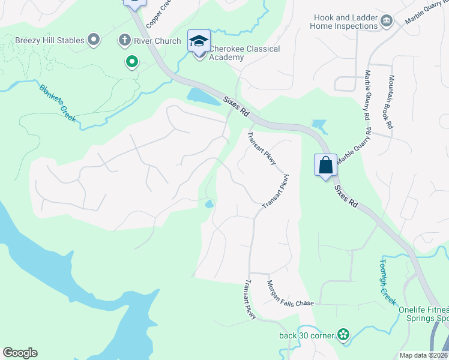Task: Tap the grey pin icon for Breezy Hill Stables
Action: pos(93,41)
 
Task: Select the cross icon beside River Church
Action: pos(125,41)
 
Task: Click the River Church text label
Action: pos(158,41)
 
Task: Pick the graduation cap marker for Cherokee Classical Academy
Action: pos(199,41)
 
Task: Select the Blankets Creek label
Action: pos(58,103)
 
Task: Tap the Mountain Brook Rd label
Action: pos(390,102)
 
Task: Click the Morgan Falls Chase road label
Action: pos(290,293)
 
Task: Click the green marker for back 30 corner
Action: pos(343,334)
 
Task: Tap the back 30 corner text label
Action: pos(306,335)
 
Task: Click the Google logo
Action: pos(20,353)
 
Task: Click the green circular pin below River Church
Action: pos(131,61)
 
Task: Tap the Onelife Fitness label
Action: pos(423,310)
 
